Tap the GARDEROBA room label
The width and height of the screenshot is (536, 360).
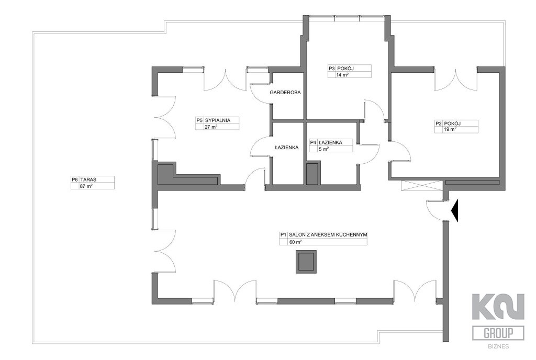pyautogui.click(x=285, y=92)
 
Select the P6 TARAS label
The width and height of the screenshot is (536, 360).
pyautogui.click(x=84, y=179)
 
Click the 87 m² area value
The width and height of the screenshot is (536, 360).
pyautogui.click(x=86, y=186)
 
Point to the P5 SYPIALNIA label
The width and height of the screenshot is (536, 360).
pyautogui.click(x=214, y=120)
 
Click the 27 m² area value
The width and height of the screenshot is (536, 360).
pyautogui.click(x=211, y=127)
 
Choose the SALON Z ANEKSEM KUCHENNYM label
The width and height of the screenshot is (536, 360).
pyautogui.click(x=328, y=235)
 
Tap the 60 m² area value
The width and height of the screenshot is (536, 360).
pyautogui.click(x=295, y=242)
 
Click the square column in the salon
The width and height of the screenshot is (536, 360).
pyautogui.click(x=306, y=262)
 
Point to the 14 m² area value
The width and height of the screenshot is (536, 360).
pyautogui.click(x=342, y=75)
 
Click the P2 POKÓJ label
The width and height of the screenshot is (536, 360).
pyautogui.click(x=448, y=123)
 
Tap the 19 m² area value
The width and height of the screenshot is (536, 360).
pyautogui.click(x=449, y=129)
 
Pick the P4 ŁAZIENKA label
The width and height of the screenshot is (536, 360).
pyautogui.click(x=326, y=142)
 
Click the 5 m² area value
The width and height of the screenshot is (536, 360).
pyautogui.click(x=323, y=149)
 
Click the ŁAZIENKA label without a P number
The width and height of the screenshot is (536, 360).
pyautogui.click(x=286, y=148)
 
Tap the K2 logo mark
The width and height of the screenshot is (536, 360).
pyautogui.click(x=498, y=307)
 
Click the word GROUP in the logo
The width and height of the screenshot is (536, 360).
pyautogui.click(x=498, y=333)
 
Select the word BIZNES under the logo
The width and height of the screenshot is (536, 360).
pyautogui.click(x=498, y=346)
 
